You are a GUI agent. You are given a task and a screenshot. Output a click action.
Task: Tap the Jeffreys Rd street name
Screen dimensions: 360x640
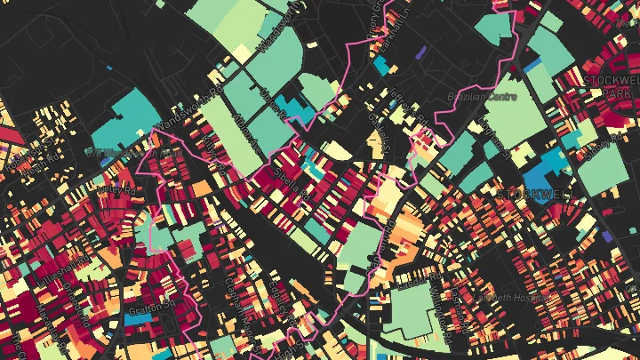pos(411,113)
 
